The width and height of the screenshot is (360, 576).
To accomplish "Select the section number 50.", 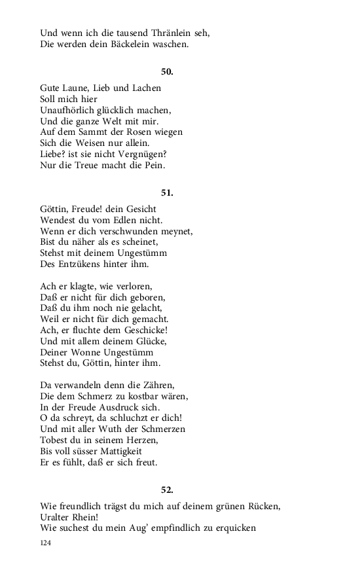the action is click(166, 72).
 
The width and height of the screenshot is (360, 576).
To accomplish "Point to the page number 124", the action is click(46, 543).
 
